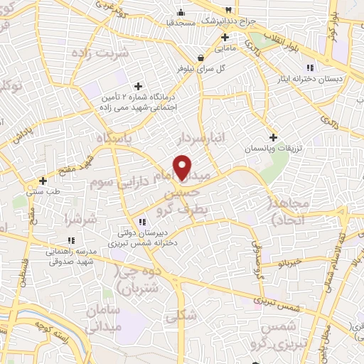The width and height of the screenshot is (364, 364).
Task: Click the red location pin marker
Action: (183, 167)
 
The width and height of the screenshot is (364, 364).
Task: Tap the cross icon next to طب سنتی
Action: (43, 181)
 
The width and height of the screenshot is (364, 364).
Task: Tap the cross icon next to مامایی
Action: (224, 37)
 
